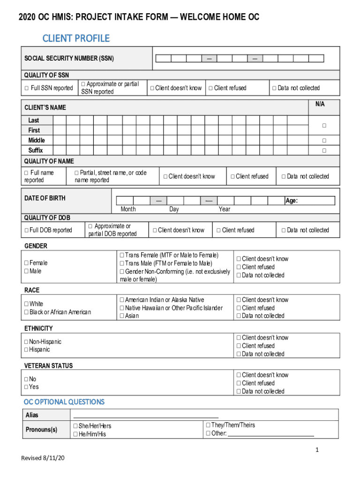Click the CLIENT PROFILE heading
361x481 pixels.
(76, 38)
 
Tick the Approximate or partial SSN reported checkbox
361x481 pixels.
(83, 84)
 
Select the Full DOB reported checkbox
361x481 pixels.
(26, 230)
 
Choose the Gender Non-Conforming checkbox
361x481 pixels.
(122, 272)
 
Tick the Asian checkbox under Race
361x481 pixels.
(122, 316)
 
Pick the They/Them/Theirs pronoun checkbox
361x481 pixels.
(208, 425)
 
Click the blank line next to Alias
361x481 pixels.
(146, 415)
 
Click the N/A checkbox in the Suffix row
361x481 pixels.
(323, 151)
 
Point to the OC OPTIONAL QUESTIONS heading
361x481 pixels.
(64, 402)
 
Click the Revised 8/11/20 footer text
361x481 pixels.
(43, 458)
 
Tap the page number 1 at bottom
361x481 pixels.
(317, 450)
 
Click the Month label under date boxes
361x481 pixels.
(128, 209)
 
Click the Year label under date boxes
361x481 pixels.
(224, 209)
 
